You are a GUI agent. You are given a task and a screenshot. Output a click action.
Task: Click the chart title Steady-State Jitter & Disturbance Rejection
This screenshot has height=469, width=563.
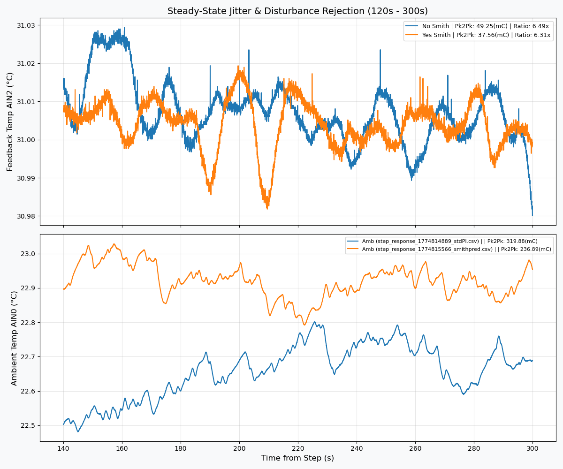point(297,11)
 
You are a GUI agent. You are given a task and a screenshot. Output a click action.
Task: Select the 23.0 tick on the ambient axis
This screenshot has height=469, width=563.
point(28,254)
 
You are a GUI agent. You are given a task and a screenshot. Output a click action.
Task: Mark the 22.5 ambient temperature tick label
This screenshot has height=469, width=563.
point(28,425)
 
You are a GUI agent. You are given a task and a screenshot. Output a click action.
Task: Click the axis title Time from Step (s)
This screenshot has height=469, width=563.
point(297,458)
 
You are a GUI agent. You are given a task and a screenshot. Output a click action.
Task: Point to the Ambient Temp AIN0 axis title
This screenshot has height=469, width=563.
point(14,338)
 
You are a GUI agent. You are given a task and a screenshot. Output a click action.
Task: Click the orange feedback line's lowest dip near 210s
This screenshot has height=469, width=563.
point(267,208)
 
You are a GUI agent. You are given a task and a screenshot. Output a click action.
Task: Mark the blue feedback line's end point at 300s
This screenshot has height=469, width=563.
point(533,215)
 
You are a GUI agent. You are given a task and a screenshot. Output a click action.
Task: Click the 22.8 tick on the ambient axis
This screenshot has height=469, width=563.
point(28,323)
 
